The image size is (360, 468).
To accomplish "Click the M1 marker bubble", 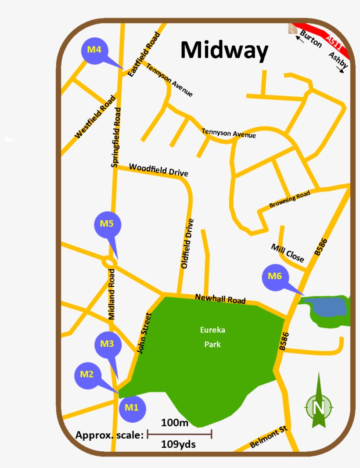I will pyautogui.click(x=132, y=407).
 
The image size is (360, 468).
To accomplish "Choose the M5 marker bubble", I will pyautogui.click(x=108, y=224).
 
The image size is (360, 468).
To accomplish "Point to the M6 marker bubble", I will pyautogui.click(x=275, y=277).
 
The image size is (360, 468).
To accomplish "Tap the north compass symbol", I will pyautogui.click(x=319, y=406).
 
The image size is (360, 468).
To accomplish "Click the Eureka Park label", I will pyautogui.click(x=212, y=337).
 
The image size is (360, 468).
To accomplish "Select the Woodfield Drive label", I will pyautogui.click(x=158, y=170).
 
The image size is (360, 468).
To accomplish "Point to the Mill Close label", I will pyautogui.click(x=288, y=253).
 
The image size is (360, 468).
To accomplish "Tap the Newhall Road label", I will pyautogui.click(x=220, y=299).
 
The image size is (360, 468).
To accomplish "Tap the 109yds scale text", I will pyautogui.click(x=178, y=444).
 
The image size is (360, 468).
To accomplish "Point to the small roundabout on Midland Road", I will pyautogui.click(x=109, y=262).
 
